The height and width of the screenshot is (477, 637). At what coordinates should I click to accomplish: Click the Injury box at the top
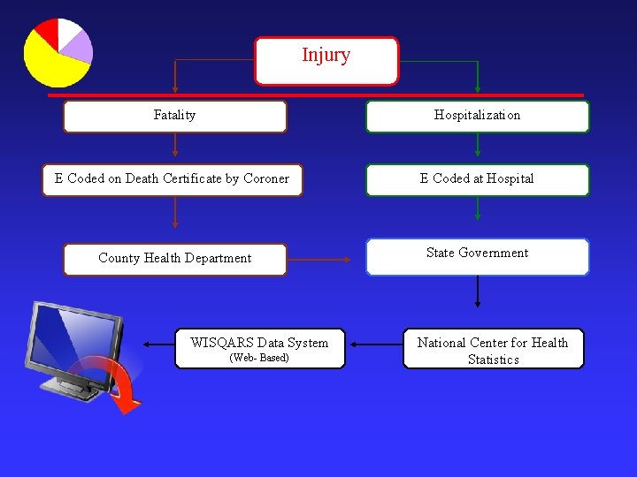(x=326, y=60)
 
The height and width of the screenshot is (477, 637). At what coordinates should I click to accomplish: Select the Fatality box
(x=175, y=116)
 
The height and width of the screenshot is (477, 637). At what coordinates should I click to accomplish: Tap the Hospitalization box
(x=477, y=116)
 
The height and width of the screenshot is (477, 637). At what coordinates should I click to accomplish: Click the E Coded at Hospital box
(x=477, y=179)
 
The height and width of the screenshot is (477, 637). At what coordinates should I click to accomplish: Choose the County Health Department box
(x=175, y=259)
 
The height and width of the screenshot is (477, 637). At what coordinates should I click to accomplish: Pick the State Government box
(x=477, y=256)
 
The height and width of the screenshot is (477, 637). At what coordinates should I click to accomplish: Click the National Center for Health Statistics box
(x=493, y=349)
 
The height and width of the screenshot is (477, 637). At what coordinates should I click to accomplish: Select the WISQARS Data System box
(x=259, y=348)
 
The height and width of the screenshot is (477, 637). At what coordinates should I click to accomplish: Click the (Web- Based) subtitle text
(x=259, y=358)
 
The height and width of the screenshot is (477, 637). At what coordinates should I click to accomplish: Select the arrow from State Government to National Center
(x=478, y=291)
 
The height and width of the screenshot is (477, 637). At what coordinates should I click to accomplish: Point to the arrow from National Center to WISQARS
(x=374, y=344)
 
